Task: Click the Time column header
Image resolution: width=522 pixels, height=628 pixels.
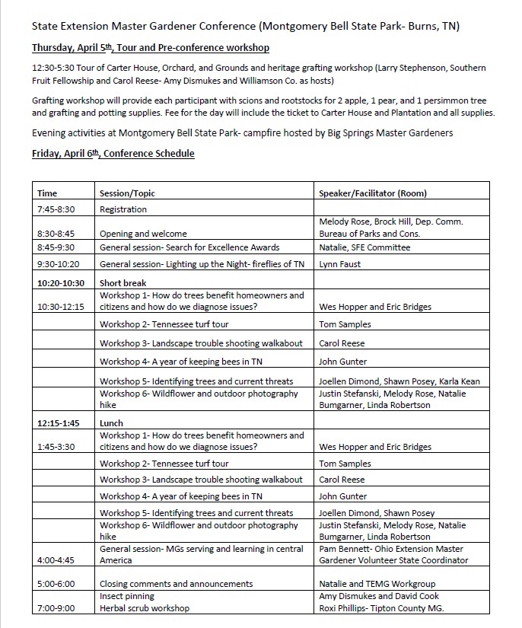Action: [47, 193]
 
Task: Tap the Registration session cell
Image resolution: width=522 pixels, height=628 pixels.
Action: [123, 209]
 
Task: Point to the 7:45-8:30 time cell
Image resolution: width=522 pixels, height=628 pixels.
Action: [56, 209]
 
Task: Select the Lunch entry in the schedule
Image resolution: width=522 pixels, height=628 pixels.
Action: [111, 423]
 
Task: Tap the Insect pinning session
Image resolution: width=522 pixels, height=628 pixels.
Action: [127, 596]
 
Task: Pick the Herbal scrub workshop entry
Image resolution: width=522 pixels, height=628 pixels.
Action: [145, 608]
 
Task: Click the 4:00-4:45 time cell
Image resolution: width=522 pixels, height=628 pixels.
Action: [57, 560]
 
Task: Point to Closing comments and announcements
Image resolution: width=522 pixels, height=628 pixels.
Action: [176, 584]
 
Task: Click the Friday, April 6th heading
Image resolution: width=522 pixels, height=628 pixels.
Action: [113, 154]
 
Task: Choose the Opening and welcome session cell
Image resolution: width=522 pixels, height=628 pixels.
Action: [143, 234]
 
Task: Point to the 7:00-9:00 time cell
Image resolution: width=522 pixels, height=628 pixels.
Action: [57, 608]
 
